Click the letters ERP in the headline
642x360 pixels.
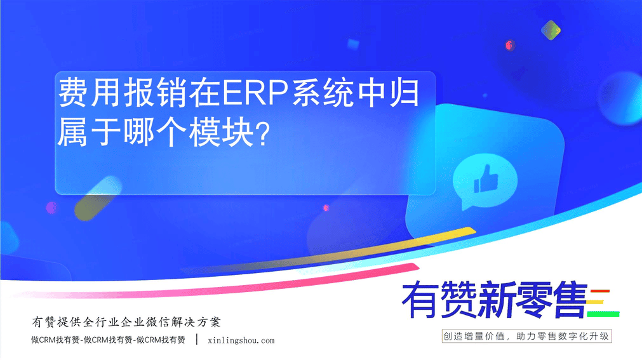(256, 93)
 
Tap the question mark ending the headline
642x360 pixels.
(262, 133)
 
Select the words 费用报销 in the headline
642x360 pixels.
(123, 93)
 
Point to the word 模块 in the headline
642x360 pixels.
(221, 132)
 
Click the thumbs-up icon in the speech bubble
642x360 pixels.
(486, 179)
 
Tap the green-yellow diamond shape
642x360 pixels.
(551, 30)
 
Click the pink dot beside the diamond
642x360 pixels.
(509, 45)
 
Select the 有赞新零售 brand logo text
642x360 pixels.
(495, 300)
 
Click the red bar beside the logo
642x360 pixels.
(600, 291)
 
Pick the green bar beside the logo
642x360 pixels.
(603, 314)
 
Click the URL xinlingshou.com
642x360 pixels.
(241, 340)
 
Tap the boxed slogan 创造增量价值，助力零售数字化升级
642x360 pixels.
(526, 337)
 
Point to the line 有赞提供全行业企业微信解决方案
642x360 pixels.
(126, 322)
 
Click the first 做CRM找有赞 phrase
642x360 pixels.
(55, 340)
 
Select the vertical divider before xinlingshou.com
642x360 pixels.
(197, 339)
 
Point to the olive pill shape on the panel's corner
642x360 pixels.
(98, 198)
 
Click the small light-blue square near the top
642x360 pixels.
(353, 44)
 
